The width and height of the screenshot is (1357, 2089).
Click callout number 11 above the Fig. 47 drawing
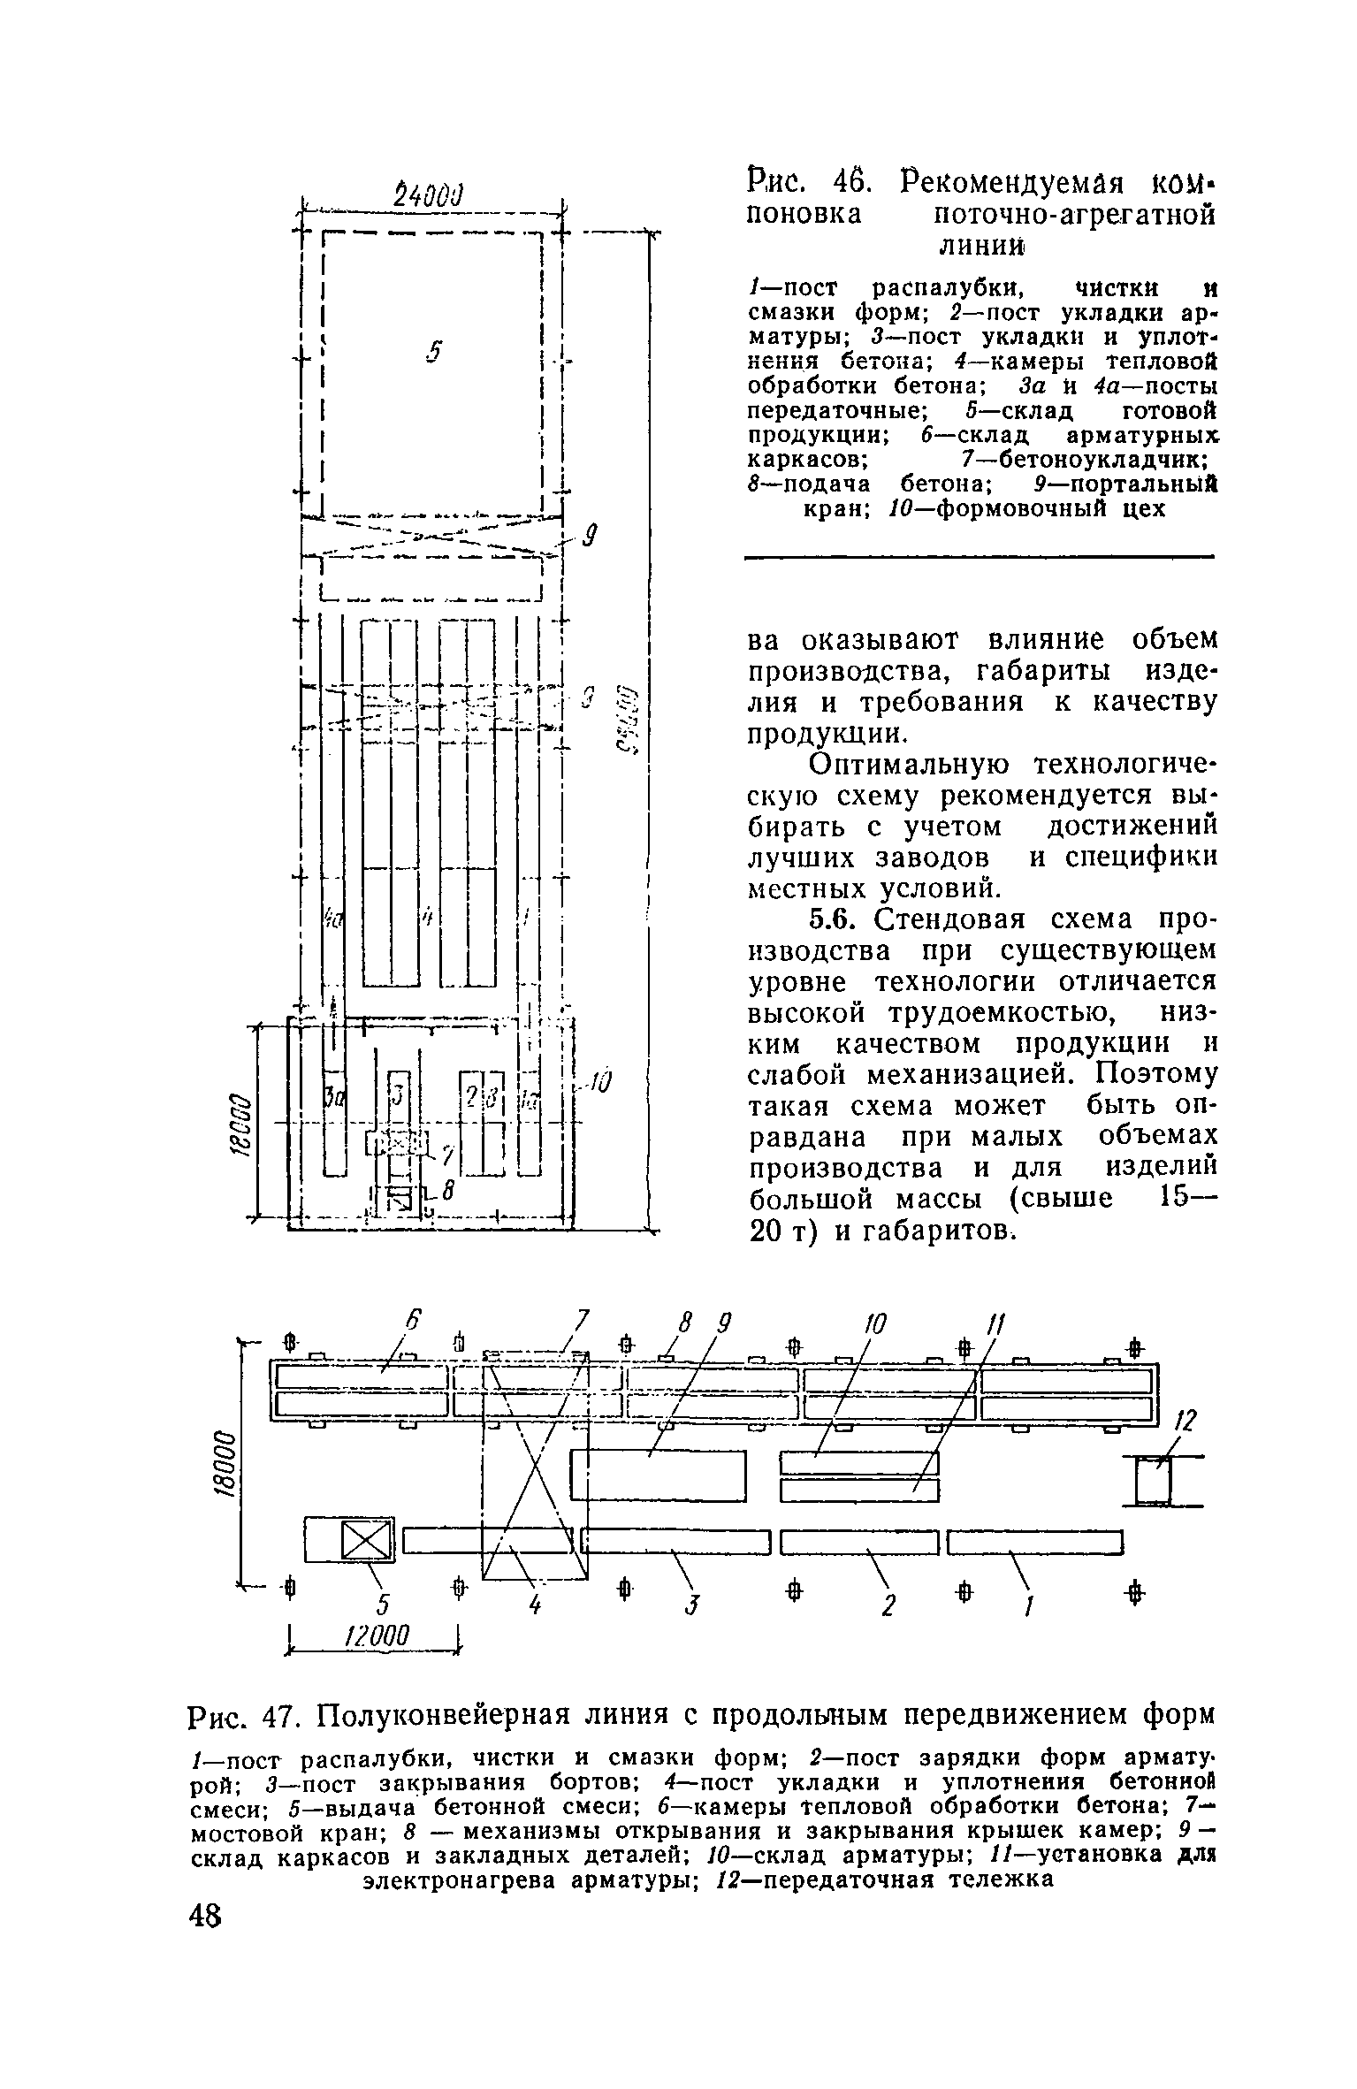pyautogui.click(x=996, y=1325)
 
